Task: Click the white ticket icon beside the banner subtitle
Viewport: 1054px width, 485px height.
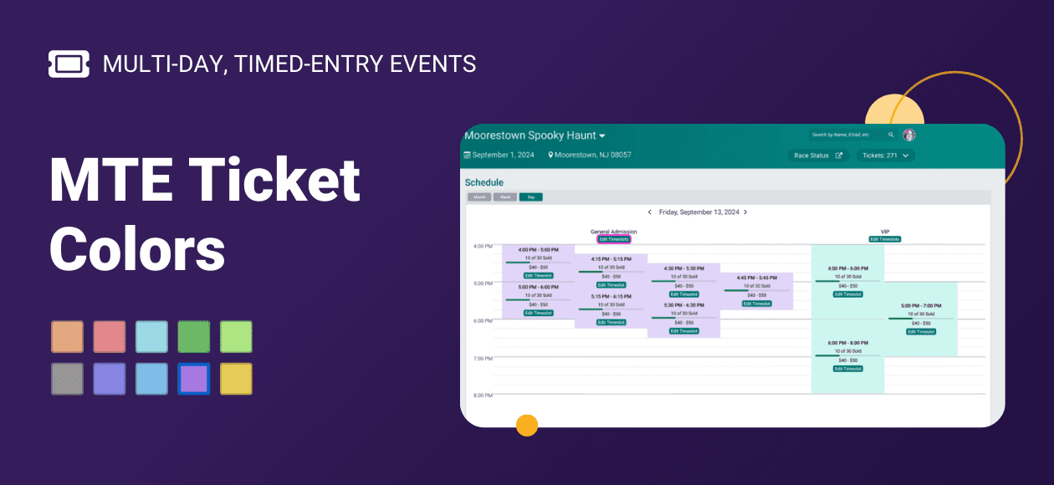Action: point(69,64)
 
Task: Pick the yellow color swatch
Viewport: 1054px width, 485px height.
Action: point(236,379)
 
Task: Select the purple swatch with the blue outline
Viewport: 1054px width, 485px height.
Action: point(194,379)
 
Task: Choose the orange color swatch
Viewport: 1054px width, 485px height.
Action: point(67,337)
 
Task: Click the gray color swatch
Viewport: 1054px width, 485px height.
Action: point(67,379)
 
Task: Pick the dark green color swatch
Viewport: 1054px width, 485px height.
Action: point(194,337)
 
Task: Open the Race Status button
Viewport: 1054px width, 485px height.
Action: point(818,156)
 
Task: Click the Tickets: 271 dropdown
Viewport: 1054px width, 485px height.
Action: point(885,156)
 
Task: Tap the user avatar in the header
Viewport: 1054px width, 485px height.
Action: point(909,135)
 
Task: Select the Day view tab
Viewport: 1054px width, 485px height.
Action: point(530,197)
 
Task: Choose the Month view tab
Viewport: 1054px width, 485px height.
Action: point(478,197)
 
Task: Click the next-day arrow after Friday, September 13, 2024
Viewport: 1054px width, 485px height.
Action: point(745,212)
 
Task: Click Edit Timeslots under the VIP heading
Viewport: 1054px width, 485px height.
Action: point(884,239)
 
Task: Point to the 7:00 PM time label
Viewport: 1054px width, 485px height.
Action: point(483,358)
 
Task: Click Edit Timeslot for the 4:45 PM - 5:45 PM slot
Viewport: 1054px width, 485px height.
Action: point(756,304)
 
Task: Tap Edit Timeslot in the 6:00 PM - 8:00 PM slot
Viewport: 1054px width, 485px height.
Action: point(847,369)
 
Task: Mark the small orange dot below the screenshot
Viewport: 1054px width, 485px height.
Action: point(527,425)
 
